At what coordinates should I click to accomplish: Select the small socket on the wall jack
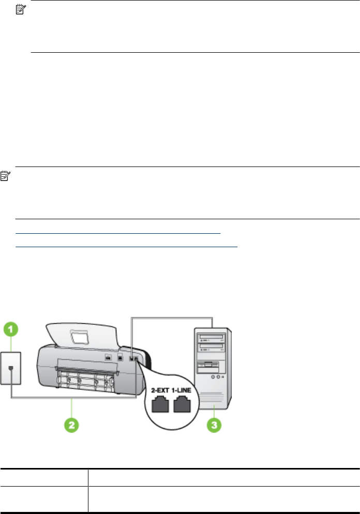11,369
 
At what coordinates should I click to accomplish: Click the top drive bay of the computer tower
213,338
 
